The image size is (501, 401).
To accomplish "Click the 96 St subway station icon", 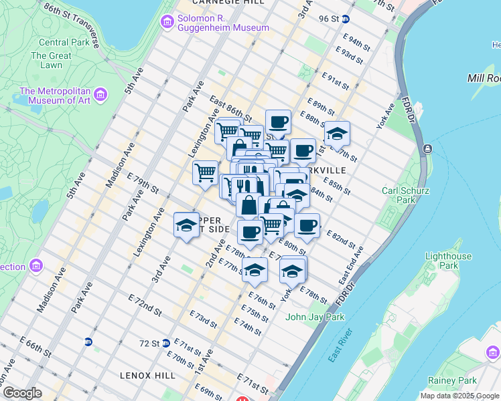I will [x=346, y=19].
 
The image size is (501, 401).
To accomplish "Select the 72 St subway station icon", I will [x=165, y=344].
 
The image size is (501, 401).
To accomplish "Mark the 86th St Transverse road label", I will [x=71, y=25].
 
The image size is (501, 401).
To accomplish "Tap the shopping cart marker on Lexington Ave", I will [x=205, y=172].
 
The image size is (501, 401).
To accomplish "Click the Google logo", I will [x=21, y=393].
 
